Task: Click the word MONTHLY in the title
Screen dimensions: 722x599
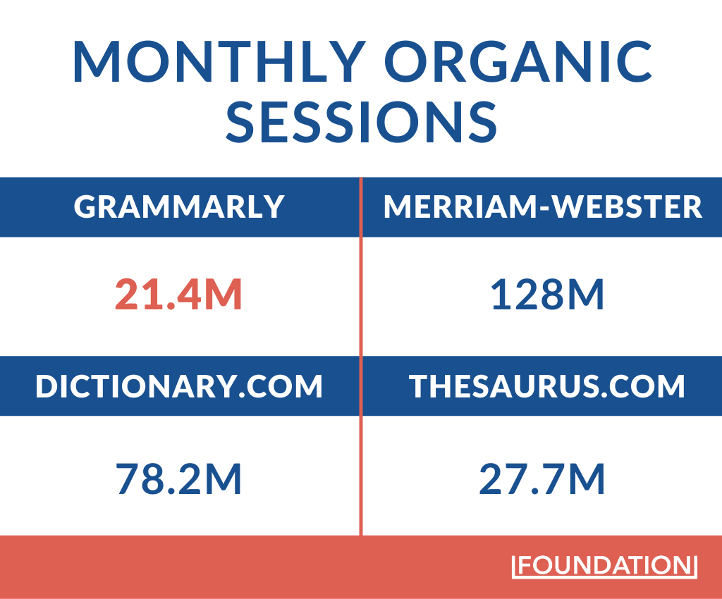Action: pyautogui.click(x=219, y=61)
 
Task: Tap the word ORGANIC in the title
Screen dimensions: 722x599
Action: pyautogui.click(x=518, y=61)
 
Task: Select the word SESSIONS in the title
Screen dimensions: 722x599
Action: pyautogui.click(x=362, y=121)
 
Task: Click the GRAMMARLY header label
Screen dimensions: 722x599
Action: pyautogui.click(x=179, y=206)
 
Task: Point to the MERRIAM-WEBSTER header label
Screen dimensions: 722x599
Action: pyautogui.click(x=543, y=206)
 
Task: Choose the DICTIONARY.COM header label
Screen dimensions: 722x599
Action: pyautogui.click(x=179, y=385)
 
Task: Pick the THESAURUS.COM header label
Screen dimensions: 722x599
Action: pyautogui.click(x=547, y=385)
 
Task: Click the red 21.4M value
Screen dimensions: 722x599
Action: pyautogui.click(x=178, y=295)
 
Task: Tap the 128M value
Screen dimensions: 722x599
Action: pyautogui.click(x=547, y=295)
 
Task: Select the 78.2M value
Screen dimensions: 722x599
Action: pyautogui.click(x=178, y=479)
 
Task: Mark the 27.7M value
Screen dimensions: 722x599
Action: pyautogui.click(x=542, y=479)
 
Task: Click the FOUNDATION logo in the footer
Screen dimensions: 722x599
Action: pyautogui.click(x=604, y=565)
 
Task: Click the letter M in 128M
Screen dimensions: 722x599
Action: pyautogui.click(x=585, y=295)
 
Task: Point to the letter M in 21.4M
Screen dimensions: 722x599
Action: pyautogui.click(x=224, y=295)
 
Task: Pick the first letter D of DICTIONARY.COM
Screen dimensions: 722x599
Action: pyautogui.click(x=47, y=385)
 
